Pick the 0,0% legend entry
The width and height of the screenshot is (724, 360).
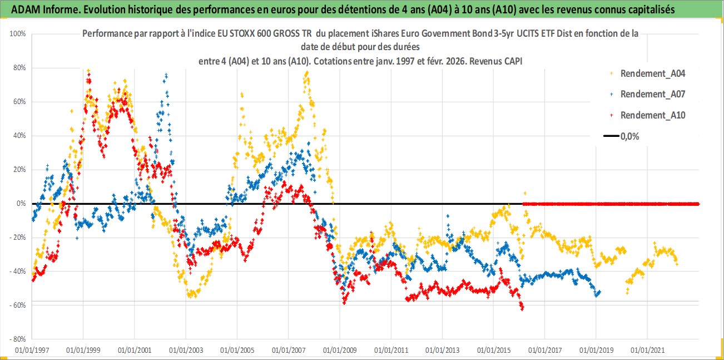tap(629, 136)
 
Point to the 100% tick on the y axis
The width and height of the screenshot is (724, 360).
tap(18, 34)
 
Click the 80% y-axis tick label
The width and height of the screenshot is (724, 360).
tap(19, 68)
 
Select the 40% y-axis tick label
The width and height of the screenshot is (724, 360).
tap(19, 136)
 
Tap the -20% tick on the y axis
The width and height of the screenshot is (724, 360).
tap(18, 238)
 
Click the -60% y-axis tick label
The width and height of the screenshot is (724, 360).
tap(18, 305)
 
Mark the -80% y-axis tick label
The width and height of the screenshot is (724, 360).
tap(18, 339)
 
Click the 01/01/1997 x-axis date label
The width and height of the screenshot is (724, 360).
tap(32, 351)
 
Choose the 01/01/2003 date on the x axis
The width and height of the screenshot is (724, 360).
tap(186, 351)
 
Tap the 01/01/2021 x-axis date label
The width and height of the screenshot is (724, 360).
tap(647, 351)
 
